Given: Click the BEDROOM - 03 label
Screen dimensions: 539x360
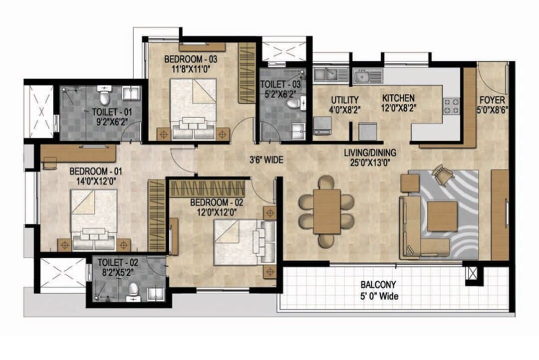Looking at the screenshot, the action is click(x=191, y=59).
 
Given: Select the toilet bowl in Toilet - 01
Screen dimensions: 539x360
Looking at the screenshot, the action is click(x=104, y=97).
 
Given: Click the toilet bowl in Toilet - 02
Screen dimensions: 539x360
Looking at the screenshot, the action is click(x=133, y=290).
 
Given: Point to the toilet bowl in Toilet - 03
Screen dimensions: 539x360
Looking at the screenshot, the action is click(x=293, y=103).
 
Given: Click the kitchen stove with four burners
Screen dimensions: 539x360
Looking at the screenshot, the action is click(x=451, y=106).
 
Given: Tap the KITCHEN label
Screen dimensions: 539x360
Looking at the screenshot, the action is click(x=398, y=98).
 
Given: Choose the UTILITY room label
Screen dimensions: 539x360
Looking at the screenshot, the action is click(x=345, y=100).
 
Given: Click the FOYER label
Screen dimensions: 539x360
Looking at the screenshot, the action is click(x=492, y=100).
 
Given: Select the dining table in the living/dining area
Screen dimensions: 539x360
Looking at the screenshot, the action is click(x=326, y=211).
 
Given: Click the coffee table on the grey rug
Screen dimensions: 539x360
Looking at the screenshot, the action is click(x=442, y=216).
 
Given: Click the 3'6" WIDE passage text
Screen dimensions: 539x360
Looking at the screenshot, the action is click(x=267, y=160).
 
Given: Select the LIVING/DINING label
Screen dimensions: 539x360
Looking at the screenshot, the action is click(x=370, y=153).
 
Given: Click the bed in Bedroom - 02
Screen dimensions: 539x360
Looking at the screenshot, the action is click(x=245, y=242).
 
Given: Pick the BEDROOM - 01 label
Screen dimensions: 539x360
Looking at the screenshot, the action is click(x=95, y=171).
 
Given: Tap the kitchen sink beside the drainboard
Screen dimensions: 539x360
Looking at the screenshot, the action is click(x=362, y=77).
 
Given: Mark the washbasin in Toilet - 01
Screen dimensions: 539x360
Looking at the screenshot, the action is click(x=131, y=94).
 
